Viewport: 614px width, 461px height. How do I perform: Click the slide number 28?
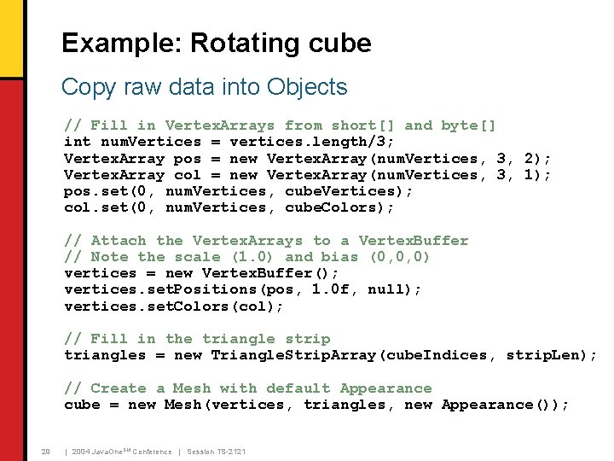[46, 451]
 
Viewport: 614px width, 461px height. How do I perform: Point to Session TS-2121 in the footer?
[216, 451]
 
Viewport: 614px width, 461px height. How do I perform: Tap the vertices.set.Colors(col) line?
[174, 306]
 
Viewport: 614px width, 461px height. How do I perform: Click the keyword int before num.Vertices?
[78, 142]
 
